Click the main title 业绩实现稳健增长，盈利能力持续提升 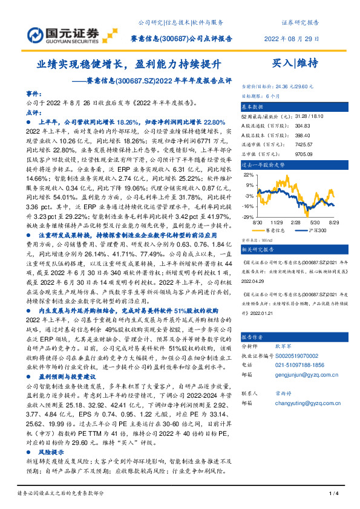pos(130,63)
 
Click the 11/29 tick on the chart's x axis pos(277,222)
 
